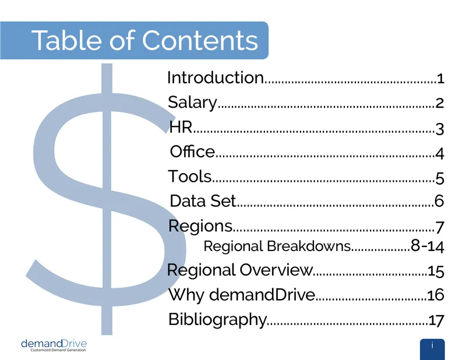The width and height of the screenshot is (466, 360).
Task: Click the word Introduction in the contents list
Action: pos(216,77)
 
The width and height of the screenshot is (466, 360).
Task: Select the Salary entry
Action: pos(193,103)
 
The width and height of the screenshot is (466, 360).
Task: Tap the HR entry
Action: pos(181,127)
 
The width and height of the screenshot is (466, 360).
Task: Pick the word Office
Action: pos(192,151)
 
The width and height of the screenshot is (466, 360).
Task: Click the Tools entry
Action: pos(190,176)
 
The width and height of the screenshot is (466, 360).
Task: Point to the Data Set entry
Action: pos(203,200)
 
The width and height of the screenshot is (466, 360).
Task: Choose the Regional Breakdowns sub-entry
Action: pos(277,246)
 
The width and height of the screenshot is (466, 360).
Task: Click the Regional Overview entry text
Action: pos(240,270)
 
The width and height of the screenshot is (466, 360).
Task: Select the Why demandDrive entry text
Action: pos(242,295)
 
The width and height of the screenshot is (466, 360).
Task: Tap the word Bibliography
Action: pos(217,320)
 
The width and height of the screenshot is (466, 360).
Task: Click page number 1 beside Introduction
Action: pos(440,79)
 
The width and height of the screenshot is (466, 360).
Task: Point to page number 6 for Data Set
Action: pos(439,201)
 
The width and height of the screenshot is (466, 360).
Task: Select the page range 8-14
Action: pos(428,246)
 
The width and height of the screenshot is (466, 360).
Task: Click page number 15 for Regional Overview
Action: pos(436,271)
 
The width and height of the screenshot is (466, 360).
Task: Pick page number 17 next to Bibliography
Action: pos(436,320)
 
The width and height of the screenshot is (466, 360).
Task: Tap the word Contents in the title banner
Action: pos(200,40)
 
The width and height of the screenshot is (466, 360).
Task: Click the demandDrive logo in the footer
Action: pos(54,345)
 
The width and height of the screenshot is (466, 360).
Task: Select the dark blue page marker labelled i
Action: pos(432,350)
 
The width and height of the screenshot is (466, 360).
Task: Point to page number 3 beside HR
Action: pos(440,129)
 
